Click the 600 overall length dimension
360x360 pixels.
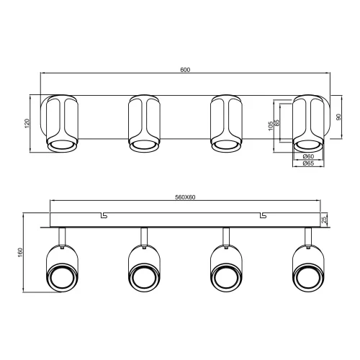184,69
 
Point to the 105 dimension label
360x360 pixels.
271,127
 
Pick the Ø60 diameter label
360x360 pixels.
307,156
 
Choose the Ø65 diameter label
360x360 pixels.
307,164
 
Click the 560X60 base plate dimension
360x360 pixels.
186,197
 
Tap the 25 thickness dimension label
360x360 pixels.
325,219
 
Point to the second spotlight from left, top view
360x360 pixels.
143,123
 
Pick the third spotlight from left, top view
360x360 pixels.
225,123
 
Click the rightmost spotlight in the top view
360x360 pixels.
307,123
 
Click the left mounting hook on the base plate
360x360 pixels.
104,215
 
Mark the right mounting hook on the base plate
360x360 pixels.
264,215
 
